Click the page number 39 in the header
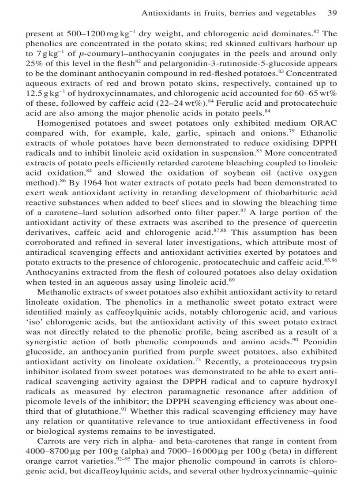pyautogui.click(x=333, y=13)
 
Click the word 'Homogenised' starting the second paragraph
pyautogui.click(x=59, y=123)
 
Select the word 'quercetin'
pyautogui.click(x=321, y=222)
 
